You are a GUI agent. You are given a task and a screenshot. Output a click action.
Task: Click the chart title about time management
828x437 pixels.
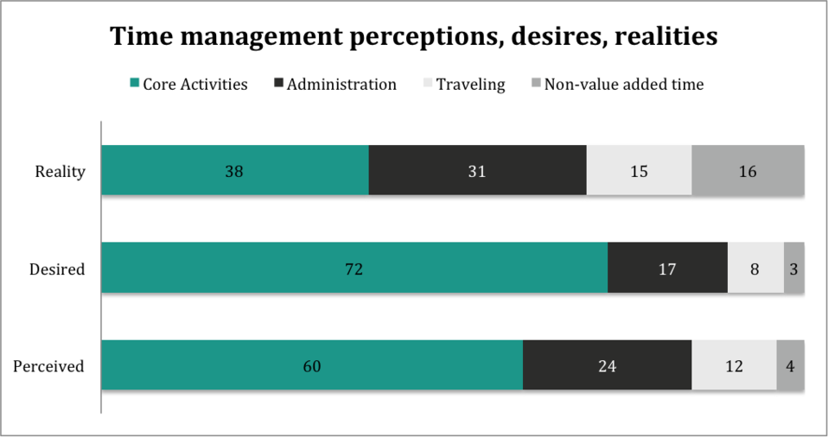413,36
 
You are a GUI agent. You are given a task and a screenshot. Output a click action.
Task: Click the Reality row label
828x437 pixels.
60,171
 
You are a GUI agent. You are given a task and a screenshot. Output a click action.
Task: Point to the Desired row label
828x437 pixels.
57,269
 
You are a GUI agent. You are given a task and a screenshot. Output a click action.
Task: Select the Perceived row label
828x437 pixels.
48,366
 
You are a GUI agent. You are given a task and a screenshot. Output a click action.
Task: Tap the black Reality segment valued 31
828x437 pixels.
477,170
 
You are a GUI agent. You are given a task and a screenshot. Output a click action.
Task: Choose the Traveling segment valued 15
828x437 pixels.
639,170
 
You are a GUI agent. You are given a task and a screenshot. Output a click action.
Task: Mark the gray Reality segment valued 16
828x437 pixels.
748,170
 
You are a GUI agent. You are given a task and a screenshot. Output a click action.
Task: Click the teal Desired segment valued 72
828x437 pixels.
354,268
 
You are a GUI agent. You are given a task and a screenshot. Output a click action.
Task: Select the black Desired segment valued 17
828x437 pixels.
667,268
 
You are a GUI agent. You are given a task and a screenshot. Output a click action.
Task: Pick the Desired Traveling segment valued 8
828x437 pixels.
755,268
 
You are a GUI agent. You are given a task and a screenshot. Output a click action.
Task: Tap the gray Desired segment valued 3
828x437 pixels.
794,268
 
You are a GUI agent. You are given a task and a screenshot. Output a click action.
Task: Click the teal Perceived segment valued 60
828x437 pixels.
312,365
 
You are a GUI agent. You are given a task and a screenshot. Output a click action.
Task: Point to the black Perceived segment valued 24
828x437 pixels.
607,365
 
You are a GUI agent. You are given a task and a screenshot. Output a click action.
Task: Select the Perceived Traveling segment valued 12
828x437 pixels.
734,365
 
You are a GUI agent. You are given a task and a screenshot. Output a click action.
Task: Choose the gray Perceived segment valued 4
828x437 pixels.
790,365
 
